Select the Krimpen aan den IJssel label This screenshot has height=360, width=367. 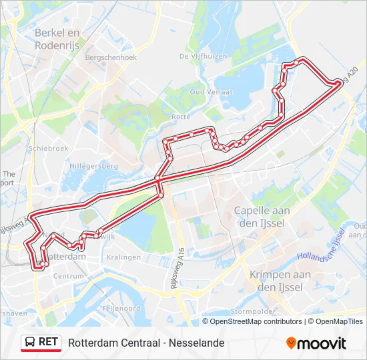click(280, 280)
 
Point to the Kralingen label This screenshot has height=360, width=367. click(123, 257)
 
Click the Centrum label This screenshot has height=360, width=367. click(68, 275)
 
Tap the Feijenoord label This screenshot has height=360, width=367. click(121, 309)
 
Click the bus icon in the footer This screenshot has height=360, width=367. click(31, 343)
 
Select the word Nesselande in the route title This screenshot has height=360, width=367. click(198, 343)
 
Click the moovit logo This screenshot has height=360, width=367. click(316, 343)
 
